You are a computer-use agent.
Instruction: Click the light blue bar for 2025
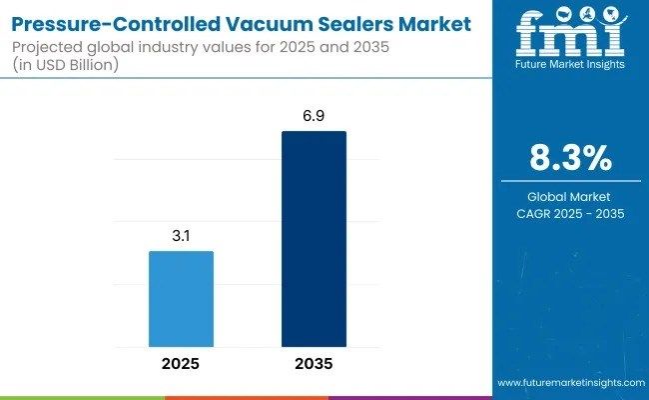[x=181, y=298]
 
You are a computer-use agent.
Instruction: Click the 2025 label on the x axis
[x=181, y=363]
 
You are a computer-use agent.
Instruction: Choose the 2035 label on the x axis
[x=314, y=363]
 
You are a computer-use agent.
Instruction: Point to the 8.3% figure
[x=570, y=159]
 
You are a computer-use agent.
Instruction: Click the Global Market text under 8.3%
[x=570, y=197]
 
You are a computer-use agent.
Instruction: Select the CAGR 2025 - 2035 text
[x=570, y=213]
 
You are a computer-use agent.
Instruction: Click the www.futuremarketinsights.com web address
[x=570, y=383]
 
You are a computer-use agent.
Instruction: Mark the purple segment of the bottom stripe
[x=409, y=397]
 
